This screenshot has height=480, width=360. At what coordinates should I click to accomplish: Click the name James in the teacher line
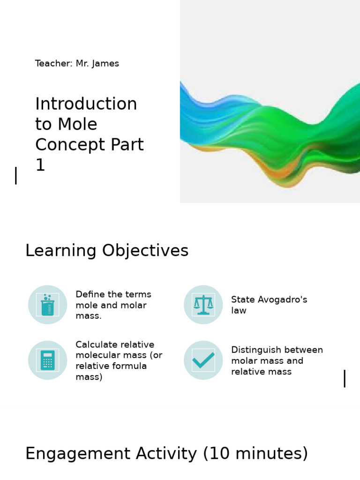[106, 63]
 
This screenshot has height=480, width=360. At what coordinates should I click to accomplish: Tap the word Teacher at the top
[52, 63]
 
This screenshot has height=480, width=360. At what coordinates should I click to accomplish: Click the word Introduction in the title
[86, 104]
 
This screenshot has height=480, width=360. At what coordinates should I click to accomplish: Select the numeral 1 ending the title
[40, 165]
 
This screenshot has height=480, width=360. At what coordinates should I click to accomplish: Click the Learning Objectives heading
[106, 251]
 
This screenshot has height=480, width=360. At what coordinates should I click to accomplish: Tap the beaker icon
[47, 305]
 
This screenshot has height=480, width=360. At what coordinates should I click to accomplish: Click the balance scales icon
[203, 305]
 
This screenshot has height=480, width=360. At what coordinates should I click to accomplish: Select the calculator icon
[47, 360]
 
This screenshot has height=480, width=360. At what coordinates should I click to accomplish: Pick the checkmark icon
[203, 360]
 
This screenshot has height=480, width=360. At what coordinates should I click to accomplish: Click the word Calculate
[96, 345]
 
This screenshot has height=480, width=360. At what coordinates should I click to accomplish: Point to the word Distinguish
[257, 350]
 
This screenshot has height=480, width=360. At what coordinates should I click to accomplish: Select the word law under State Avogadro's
[239, 311]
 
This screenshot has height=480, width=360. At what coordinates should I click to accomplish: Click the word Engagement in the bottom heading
[78, 454]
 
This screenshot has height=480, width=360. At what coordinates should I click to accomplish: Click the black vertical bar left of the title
[16, 176]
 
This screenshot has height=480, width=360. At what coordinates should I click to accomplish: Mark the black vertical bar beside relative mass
[345, 378]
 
